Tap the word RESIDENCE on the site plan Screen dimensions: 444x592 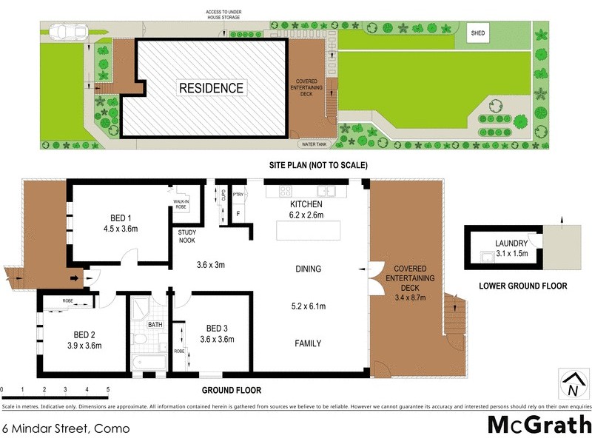click(x=211, y=88)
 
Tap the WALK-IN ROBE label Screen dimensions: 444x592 click(x=181, y=204)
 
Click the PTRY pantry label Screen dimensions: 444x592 click(x=238, y=195)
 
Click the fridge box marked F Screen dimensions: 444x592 click(x=238, y=214)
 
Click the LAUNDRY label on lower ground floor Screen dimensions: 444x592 click(x=511, y=243)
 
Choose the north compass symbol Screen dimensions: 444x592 click(x=571, y=385)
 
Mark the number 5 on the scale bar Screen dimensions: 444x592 click(x=108, y=388)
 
